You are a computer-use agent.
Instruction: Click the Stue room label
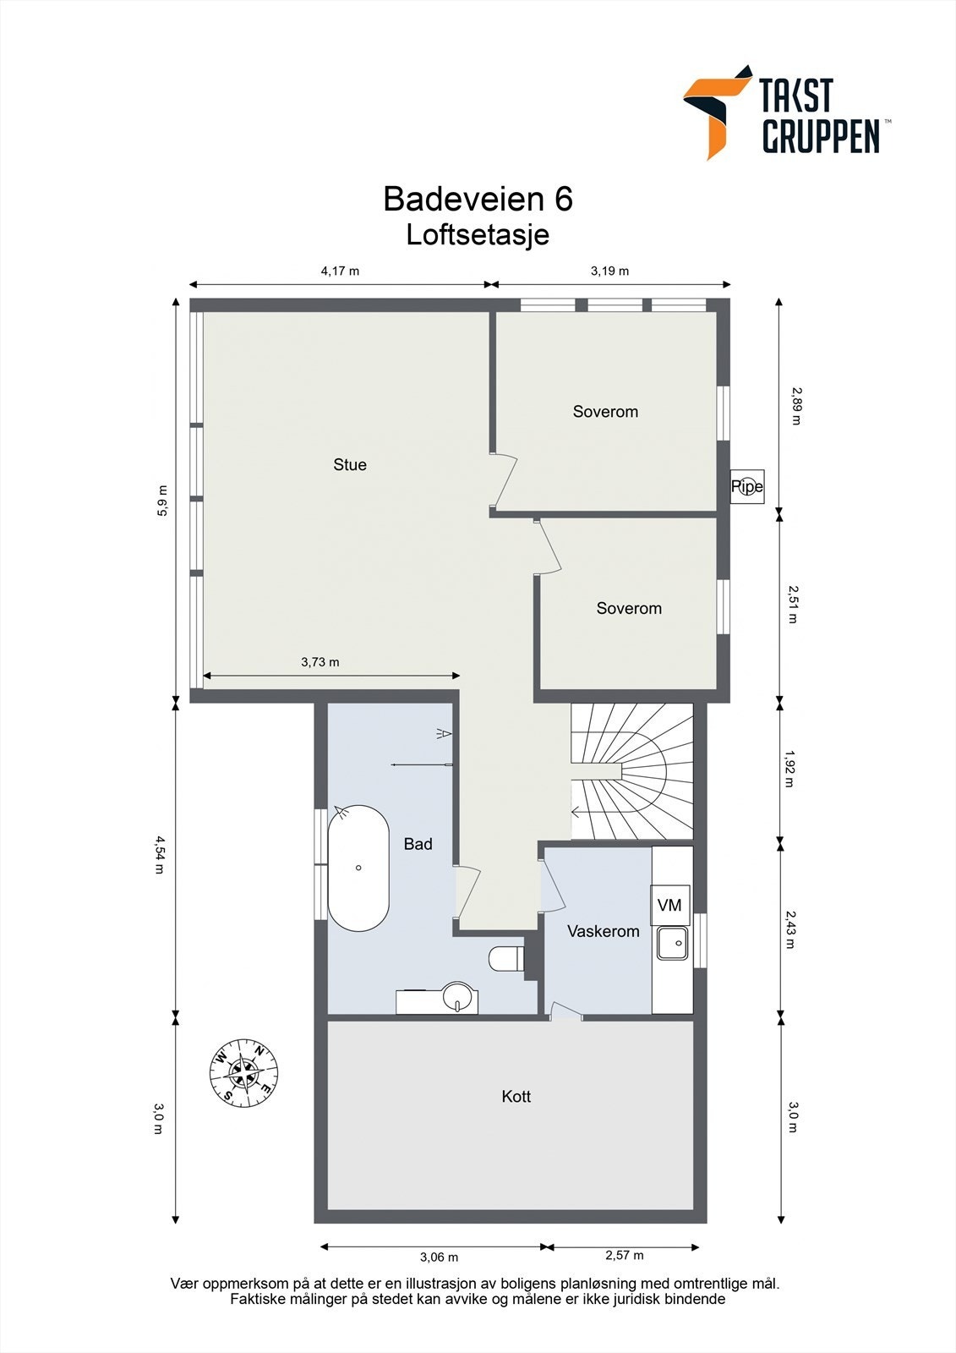click(350, 464)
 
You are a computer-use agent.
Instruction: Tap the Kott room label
click(516, 1096)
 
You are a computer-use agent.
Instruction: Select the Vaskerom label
click(604, 931)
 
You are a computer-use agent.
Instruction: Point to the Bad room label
click(418, 844)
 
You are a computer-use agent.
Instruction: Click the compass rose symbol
click(244, 1073)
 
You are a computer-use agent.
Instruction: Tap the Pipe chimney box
click(747, 486)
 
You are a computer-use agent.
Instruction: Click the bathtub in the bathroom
click(358, 868)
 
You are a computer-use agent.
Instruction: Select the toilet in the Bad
click(506, 958)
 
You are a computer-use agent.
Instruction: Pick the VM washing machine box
click(669, 905)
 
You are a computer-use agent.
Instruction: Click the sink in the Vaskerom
click(672, 944)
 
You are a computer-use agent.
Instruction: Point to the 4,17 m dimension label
click(340, 271)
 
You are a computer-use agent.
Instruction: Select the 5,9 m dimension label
click(162, 501)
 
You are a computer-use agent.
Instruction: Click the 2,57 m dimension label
click(625, 1255)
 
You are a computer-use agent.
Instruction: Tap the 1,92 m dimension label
click(789, 769)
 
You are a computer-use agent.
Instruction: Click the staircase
click(631, 771)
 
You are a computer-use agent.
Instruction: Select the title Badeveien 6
click(478, 199)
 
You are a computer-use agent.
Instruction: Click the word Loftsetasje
click(478, 235)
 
